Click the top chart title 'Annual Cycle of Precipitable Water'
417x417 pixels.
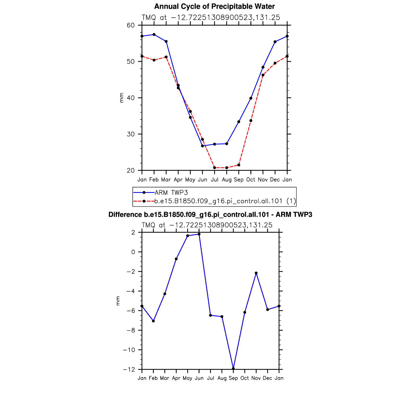(214, 6)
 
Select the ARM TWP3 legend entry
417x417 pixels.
(171, 193)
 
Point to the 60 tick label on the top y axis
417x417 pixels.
(131, 25)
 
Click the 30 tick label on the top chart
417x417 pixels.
(131, 134)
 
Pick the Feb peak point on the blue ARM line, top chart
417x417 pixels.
(154, 34)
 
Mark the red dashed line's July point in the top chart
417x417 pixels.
(215, 168)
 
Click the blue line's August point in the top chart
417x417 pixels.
(227, 144)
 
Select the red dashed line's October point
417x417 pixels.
(251, 121)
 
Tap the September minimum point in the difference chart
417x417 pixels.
(233, 369)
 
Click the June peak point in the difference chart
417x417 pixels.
(199, 234)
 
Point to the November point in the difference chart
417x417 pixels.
(256, 273)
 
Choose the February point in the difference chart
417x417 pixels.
(153, 321)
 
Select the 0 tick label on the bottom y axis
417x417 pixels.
(133, 252)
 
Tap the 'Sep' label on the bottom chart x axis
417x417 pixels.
(233, 378)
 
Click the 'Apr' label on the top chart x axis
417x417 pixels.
(178, 180)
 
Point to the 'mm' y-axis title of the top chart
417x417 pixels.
(122, 97)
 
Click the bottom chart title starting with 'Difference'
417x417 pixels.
(210, 215)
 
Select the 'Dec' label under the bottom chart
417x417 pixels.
(268, 378)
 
